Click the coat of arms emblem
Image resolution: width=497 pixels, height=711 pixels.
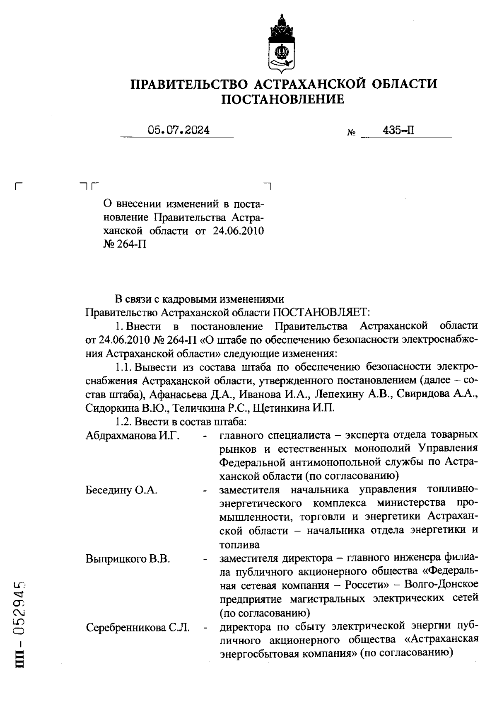point(282,44)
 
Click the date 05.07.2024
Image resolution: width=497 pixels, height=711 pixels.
point(179,130)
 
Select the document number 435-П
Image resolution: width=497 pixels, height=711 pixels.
point(399,130)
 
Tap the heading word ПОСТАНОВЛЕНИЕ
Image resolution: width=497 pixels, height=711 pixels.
point(283,99)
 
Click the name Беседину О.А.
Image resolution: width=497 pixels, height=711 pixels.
point(121,490)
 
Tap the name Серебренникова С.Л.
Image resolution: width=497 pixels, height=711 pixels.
point(138,628)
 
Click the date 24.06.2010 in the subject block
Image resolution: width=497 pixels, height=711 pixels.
point(238,231)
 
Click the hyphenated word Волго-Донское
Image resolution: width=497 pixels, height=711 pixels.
point(442,585)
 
